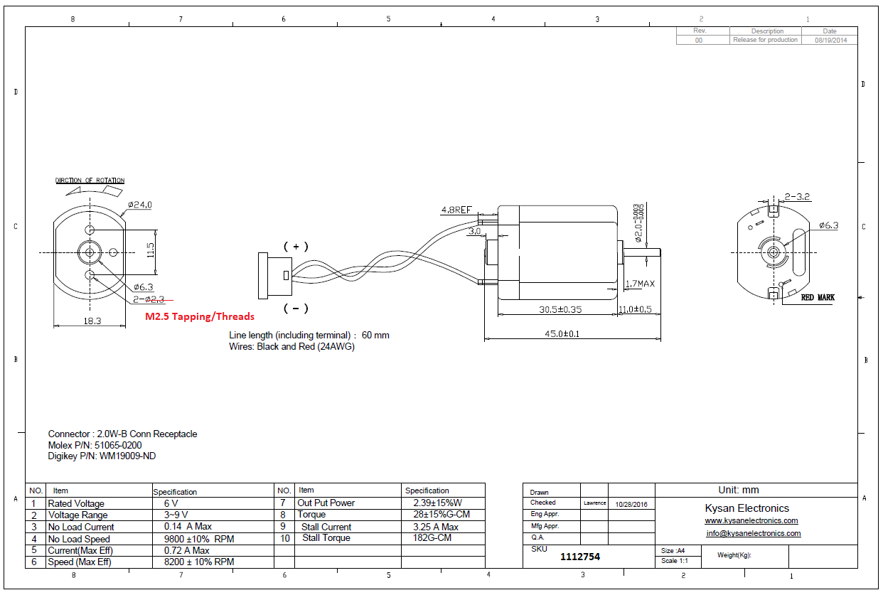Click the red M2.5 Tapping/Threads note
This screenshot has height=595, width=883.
[x=199, y=316]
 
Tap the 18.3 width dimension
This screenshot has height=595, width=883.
[x=92, y=321]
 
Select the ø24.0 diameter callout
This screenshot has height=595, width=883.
[x=140, y=205]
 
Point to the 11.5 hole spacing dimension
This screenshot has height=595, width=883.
[x=150, y=250]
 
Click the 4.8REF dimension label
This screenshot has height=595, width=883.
[x=456, y=210]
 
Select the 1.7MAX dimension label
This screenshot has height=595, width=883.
[x=641, y=284]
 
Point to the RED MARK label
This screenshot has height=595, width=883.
[x=818, y=297]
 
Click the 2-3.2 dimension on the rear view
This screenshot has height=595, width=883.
[x=798, y=196]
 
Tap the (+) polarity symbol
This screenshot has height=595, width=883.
[x=296, y=247]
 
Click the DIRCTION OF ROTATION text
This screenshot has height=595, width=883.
[x=90, y=181]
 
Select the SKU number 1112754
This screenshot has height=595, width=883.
[x=580, y=557]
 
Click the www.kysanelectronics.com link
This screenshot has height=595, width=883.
[x=751, y=520]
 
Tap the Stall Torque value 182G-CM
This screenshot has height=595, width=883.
[x=432, y=538]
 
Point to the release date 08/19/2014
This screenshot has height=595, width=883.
[x=830, y=41]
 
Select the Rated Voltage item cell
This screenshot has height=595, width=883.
[x=76, y=503]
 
